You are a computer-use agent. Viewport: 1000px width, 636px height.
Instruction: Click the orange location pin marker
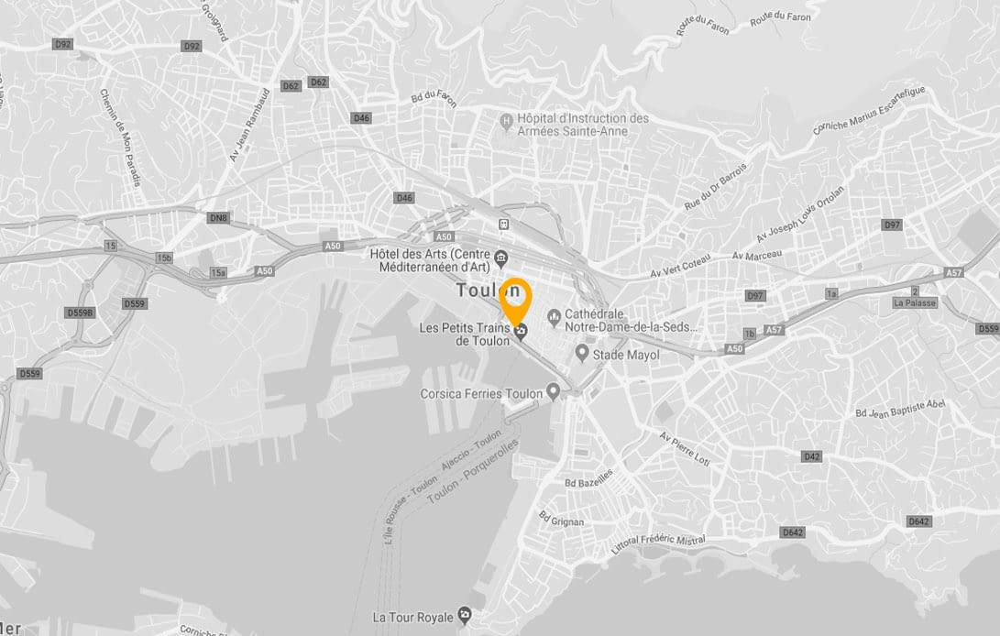click(516, 295)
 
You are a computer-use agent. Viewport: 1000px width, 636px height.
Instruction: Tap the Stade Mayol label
click(626, 355)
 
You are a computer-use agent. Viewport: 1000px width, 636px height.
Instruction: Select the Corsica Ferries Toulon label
click(481, 394)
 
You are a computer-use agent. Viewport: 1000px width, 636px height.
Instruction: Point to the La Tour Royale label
click(412, 617)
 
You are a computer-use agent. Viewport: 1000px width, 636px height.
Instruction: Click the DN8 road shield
click(217, 217)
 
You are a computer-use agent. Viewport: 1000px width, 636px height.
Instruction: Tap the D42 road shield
click(811, 456)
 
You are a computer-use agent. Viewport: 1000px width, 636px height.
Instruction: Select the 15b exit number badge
click(164, 258)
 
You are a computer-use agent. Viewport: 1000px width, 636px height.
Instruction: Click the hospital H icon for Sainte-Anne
click(504, 120)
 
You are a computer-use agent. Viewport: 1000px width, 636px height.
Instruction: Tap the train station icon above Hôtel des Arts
click(502, 225)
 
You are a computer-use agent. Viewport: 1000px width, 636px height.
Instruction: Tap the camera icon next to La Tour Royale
click(466, 614)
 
